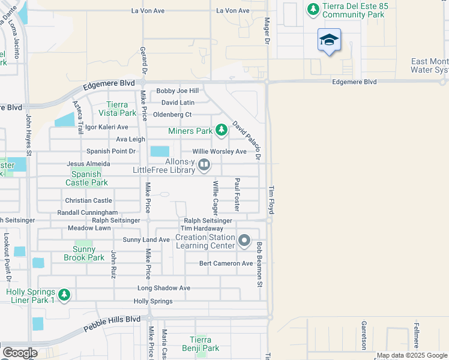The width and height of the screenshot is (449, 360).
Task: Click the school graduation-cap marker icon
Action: point(329,40)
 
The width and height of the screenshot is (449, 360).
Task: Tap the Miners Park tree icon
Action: point(221,130)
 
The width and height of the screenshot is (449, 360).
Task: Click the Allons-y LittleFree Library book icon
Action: point(204,164)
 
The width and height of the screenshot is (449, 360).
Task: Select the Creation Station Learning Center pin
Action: point(244,241)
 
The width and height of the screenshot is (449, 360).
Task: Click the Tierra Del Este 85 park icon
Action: point(312,9)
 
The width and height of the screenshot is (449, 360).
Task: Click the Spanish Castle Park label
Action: point(86,178)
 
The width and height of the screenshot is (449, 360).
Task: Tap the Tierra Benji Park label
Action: point(200,344)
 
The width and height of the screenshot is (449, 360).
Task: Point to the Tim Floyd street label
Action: point(271,200)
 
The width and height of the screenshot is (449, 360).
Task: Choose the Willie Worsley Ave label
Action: point(219,152)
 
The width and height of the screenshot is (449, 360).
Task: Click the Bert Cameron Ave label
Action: point(226,263)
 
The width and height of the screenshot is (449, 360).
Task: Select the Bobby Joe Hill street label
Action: point(177,91)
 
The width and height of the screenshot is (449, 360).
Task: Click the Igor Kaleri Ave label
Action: point(107,127)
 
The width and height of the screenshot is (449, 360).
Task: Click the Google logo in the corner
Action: point(20,353)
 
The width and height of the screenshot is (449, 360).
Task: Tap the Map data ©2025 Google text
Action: point(412,356)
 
